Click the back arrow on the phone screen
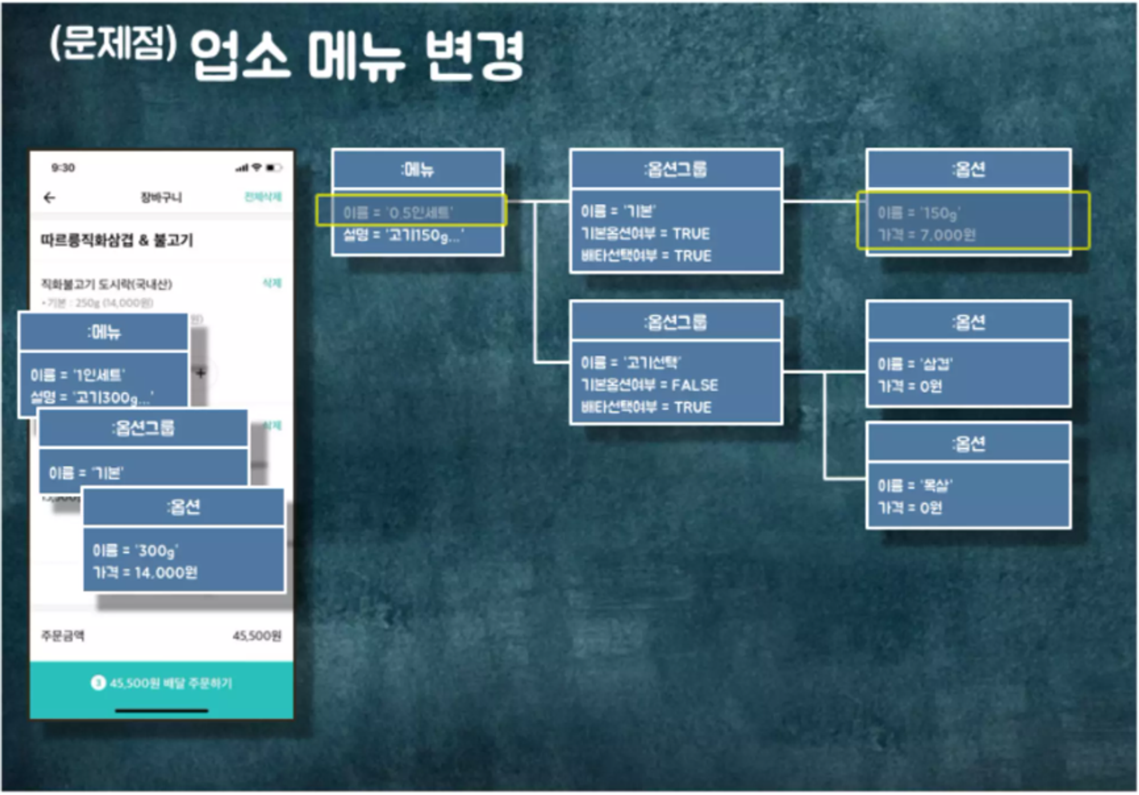(x=50, y=198)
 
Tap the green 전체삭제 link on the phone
(x=263, y=197)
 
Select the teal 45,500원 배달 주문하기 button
(x=162, y=683)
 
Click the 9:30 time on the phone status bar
(x=63, y=168)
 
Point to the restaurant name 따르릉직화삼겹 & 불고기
(x=117, y=240)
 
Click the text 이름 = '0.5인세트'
(x=398, y=213)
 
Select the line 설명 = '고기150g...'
(x=403, y=235)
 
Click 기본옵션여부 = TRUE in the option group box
(x=645, y=234)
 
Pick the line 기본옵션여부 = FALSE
(x=649, y=385)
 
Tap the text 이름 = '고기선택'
(x=631, y=362)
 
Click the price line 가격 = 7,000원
(x=927, y=235)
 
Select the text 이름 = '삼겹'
(x=915, y=364)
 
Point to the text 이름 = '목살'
(x=915, y=486)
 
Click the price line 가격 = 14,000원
(x=145, y=572)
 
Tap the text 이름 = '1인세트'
(x=78, y=375)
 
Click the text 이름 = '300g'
(x=136, y=551)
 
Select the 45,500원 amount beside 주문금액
(x=257, y=636)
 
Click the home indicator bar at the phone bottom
(x=162, y=711)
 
